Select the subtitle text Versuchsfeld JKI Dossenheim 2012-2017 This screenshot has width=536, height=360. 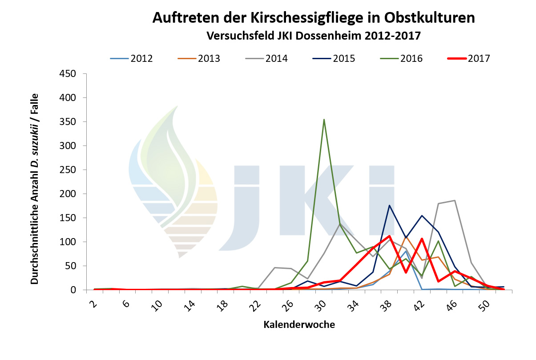[x=313, y=36]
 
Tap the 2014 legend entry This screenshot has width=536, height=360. [x=276, y=58]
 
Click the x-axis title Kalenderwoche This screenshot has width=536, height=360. [x=299, y=325]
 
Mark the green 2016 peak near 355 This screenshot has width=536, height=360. [x=324, y=119]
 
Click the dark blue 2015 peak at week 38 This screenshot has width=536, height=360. [x=389, y=205]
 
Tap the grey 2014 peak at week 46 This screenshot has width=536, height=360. [x=454, y=200]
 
